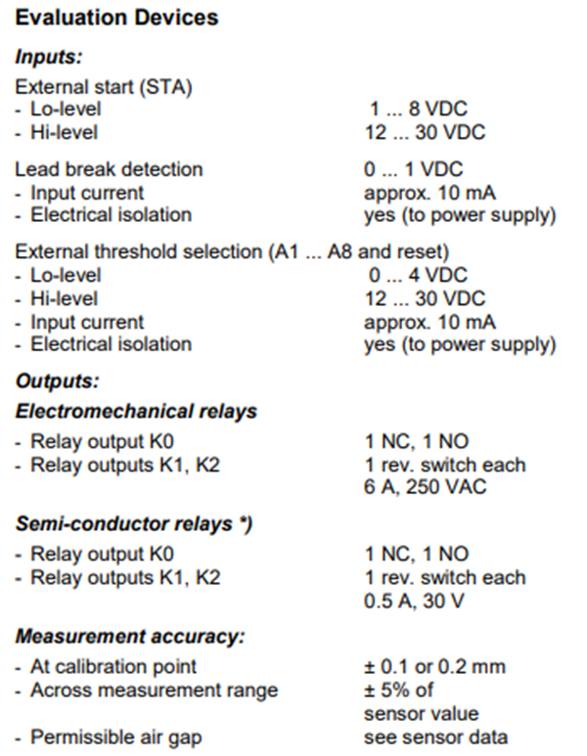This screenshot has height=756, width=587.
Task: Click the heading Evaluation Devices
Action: (x=116, y=18)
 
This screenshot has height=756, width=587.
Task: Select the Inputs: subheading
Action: (x=49, y=57)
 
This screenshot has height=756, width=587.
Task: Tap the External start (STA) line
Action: (x=104, y=87)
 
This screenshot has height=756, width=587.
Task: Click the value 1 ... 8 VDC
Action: (x=418, y=109)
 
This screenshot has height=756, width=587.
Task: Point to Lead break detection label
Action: (x=109, y=170)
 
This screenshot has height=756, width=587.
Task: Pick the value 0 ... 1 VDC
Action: (x=414, y=170)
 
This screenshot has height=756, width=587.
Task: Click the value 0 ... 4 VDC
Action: (x=418, y=275)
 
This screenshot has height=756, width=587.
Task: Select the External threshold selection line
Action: (x=232, y=252)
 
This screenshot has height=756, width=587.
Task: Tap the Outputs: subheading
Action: (x=57, y=381)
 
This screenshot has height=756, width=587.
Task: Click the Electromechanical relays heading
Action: (x=136, y=412)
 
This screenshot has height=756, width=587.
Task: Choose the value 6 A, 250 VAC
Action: (x=425, y=487)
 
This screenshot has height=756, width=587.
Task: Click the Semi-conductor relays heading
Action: (x=134, y=524)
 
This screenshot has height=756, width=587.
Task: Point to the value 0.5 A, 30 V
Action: (x=414, y=601)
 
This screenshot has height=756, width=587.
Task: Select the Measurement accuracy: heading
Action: (x=130, y=637)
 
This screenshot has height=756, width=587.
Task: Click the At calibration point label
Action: (x=113, y=667)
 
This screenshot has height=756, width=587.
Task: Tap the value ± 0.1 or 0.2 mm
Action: (x=434, y=667)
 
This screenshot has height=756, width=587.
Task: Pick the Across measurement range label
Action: (x=155, y=690)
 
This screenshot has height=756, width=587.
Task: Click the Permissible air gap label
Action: (x=116, y=737)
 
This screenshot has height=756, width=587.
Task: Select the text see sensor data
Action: (x=435, y=737)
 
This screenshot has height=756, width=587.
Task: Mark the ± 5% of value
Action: (x=398, y=690)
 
